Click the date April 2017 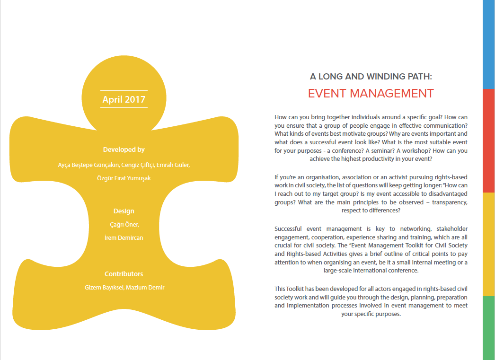124,99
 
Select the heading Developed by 124,149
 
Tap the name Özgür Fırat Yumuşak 124,178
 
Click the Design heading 124,211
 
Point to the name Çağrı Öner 124,225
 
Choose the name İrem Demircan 124,237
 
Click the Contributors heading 124,274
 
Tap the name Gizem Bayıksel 103,288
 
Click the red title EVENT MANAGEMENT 371,93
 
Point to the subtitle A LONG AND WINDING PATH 371,76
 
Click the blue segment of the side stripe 488,44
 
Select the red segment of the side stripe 488,140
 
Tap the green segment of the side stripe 488,328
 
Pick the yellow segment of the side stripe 488,244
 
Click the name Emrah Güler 176,165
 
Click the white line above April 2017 124,90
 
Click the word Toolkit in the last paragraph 296,289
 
